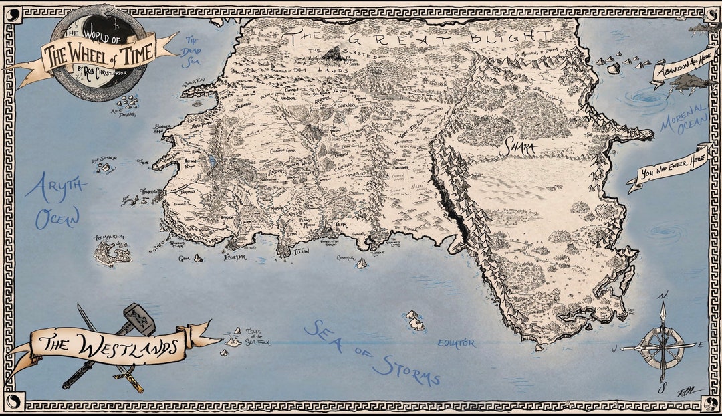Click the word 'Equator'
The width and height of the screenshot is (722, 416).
point(456,343)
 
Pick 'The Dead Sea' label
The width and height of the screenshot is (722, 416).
point(194,52)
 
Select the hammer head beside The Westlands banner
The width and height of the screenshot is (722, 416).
point(139,318)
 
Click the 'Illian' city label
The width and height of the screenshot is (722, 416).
point(302,251)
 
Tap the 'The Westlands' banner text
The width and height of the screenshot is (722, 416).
point(107,346)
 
